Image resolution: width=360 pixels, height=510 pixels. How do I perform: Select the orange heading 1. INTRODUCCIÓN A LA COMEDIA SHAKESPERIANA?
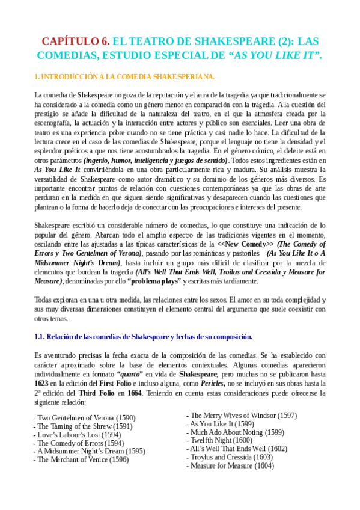[124, 77]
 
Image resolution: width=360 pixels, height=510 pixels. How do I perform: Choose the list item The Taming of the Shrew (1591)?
[83, 426]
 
